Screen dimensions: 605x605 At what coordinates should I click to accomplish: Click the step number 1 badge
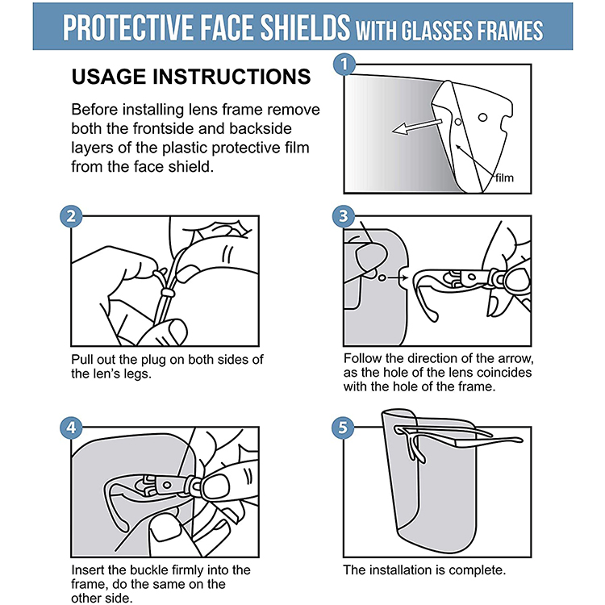(344, 64)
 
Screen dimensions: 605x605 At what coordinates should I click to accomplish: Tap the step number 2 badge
(71, 216)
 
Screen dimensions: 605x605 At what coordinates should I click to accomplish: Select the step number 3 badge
(344, 216)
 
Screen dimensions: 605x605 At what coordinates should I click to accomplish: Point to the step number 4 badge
(71, 428)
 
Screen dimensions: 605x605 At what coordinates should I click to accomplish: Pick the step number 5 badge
(343, 428)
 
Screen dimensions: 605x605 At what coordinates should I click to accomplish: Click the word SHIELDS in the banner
(305, 27)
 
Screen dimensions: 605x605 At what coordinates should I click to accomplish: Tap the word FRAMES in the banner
(510, 31)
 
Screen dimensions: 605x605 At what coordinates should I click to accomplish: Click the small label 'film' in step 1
(504, 178)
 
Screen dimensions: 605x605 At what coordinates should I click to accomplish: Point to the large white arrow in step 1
(417, 127)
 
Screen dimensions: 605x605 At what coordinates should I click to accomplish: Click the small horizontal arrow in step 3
(398, 277)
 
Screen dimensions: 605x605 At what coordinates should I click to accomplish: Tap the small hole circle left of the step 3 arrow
(382, 277)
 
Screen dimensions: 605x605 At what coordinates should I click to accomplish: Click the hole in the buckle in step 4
(167, 485)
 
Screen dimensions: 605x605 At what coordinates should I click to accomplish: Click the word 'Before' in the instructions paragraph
(95, 110)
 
